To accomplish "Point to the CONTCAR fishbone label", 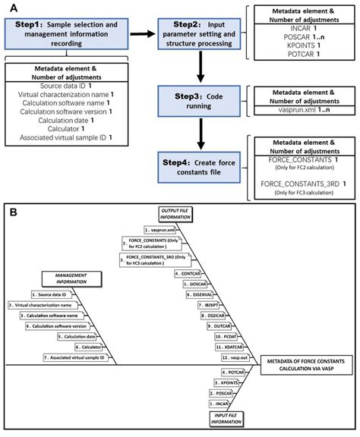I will point(187,272).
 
